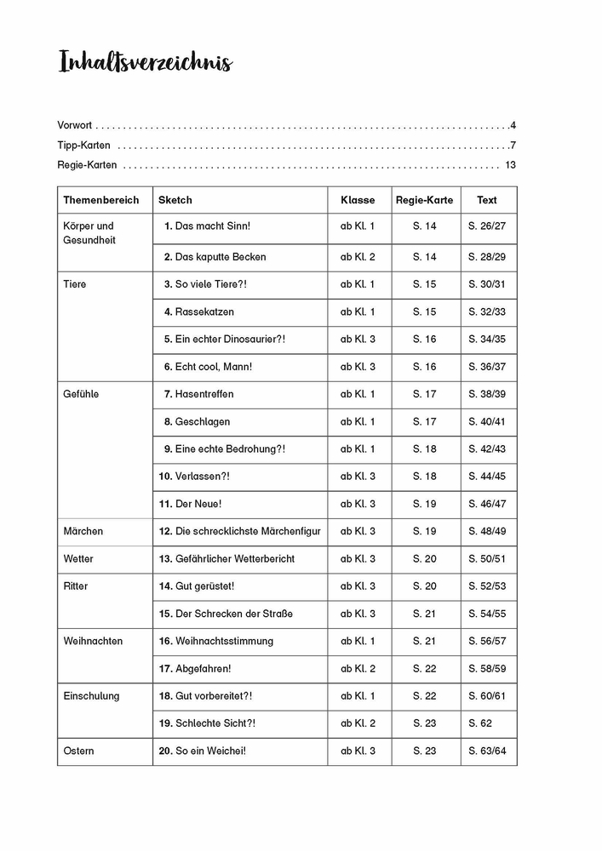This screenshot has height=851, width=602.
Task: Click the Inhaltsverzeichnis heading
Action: [x=145, y=63]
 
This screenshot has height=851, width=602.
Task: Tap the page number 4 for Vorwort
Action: [x=513, y=125]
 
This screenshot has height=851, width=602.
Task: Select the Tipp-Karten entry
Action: [x=83, y=145]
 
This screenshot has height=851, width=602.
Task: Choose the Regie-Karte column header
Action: [x=424, y=200]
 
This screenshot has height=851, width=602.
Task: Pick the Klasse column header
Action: [x=358, y=200]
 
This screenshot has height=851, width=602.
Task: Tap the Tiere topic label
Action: [x=75, y=284]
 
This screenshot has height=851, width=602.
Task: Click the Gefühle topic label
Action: [x=81, y=394]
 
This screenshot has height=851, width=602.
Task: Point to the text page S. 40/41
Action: [x=487, y=422]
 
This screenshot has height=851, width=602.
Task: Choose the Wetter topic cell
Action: [x=78, y=559]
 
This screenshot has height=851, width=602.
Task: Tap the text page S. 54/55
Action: [x=487, y=614]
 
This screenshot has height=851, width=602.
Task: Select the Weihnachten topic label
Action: [x=93, y=641]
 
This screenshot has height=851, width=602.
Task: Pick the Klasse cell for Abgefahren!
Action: [x=358, y=669]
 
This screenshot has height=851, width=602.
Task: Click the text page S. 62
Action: [x=480, y=723]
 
